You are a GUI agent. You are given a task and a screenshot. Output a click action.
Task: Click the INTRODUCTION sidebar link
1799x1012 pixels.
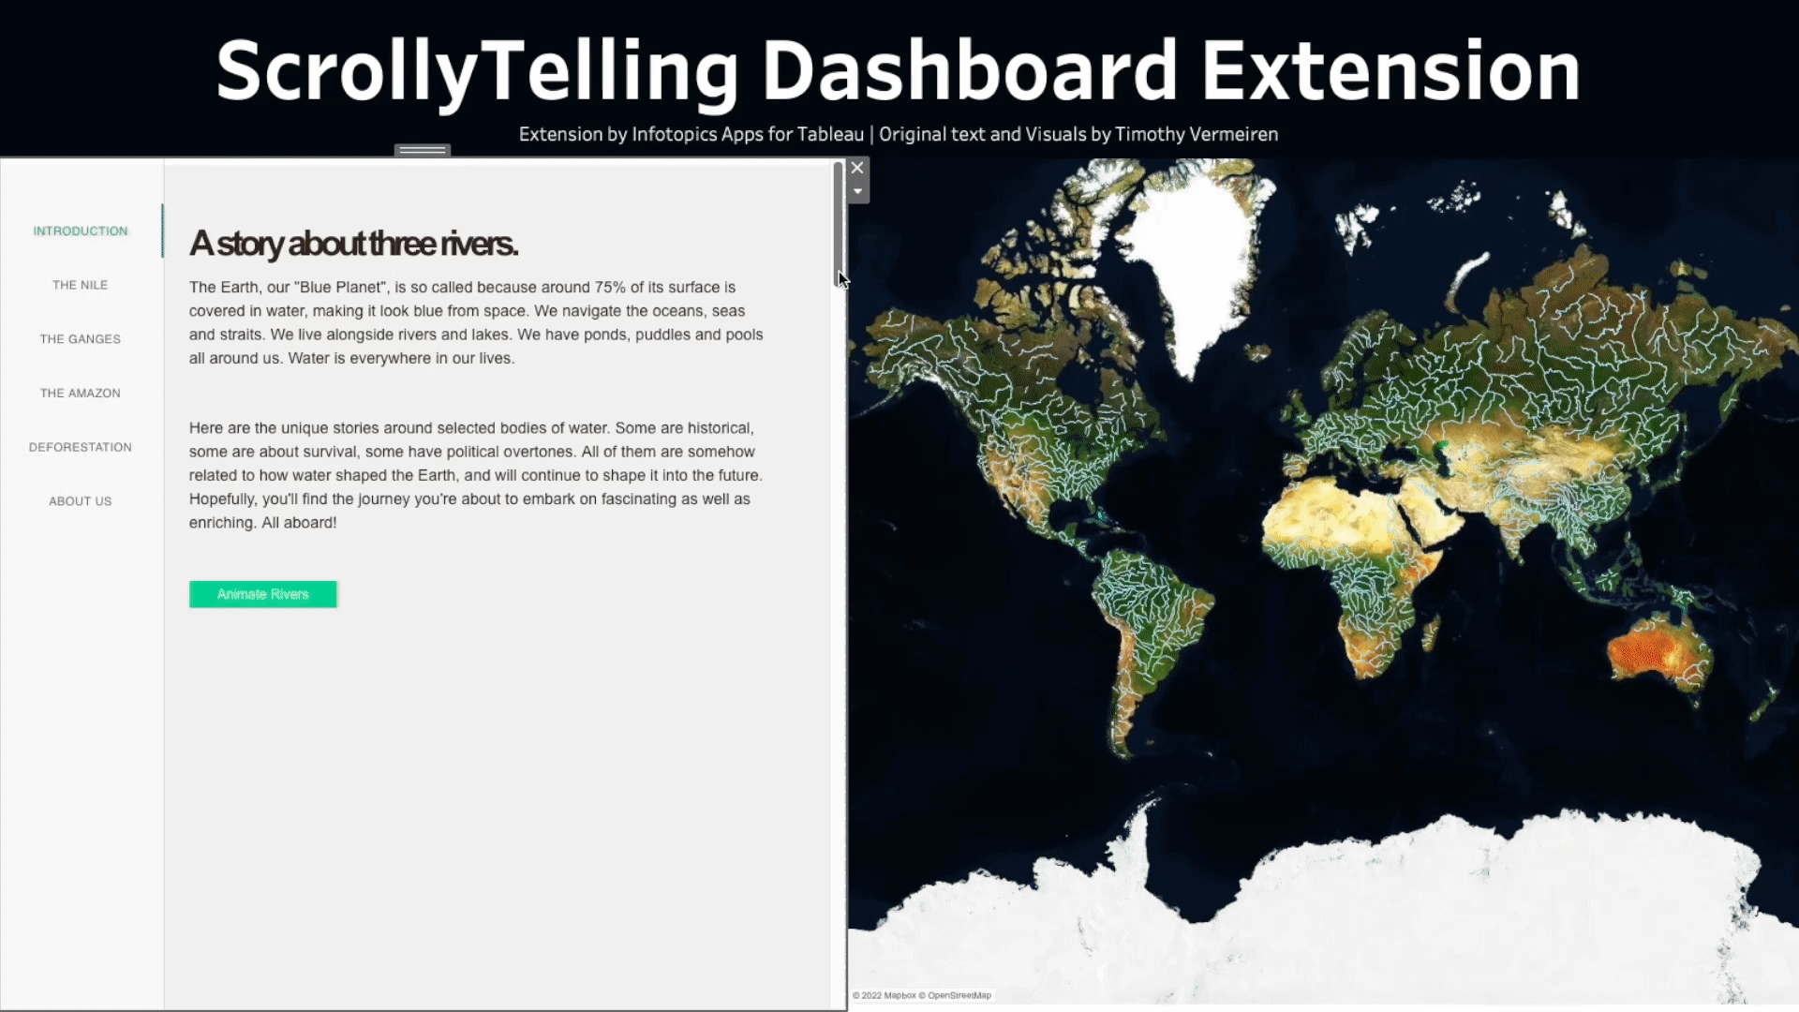pyautogui.click(x=81, y=231)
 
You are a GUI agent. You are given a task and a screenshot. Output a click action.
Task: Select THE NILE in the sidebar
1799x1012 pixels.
pyautogui.click(x=81, y=286)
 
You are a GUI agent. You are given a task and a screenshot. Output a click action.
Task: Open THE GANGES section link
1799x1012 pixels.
pyautogui.click(x=81, y=339)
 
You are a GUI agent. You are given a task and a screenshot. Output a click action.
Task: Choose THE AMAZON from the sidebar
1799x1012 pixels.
pyautogui.click(x=81, y=394)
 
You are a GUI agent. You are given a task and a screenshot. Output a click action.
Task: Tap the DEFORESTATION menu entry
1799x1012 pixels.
pyautogui.click(x=81, y=448)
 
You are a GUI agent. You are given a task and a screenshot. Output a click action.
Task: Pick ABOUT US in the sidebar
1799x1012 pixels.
pyautogui.click(x=81, y=501)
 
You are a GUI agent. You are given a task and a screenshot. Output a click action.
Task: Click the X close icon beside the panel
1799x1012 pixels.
pyautogui.click(x=857, y=169)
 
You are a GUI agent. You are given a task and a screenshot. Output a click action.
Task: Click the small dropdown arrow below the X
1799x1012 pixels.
pyautogui.click(x=857, y=192)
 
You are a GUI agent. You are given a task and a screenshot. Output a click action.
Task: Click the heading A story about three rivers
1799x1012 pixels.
pyautogui.click(x=353, y=244)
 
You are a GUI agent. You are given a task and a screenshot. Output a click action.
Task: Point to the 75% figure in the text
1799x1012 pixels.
pyautogui.click(x=610, y=288)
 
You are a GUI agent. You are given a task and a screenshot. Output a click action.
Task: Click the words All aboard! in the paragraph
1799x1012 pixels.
pyautogui.click(x=299, y=523)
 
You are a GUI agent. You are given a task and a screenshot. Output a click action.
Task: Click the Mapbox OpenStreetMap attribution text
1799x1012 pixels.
pyautogui.click(x=922, y=996)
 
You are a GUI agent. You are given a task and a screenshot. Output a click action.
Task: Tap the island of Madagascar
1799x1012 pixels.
pyautogui.click(x=1431, y=632)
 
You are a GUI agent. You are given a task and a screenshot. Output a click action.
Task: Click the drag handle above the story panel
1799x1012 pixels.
pyautogui.click(x=423, y=150)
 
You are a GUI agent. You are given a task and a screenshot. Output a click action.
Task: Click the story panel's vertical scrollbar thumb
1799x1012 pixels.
pyautogui.click(x=839, y=225)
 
